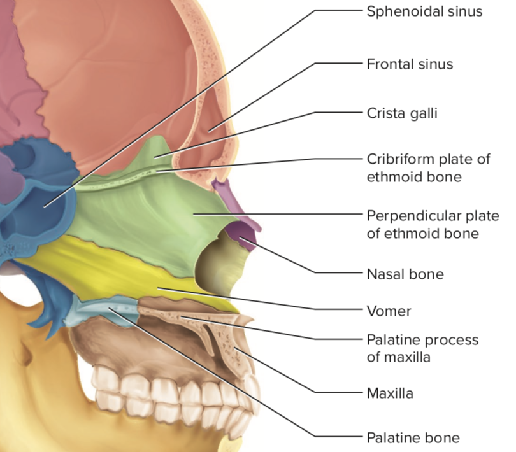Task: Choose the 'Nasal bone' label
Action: tap(405, 275)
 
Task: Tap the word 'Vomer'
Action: tap(389, 311)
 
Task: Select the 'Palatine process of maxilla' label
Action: tap(422, 348)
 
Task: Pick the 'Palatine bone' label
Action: tap(412, 437)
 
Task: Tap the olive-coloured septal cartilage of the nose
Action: tap(220, 267)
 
